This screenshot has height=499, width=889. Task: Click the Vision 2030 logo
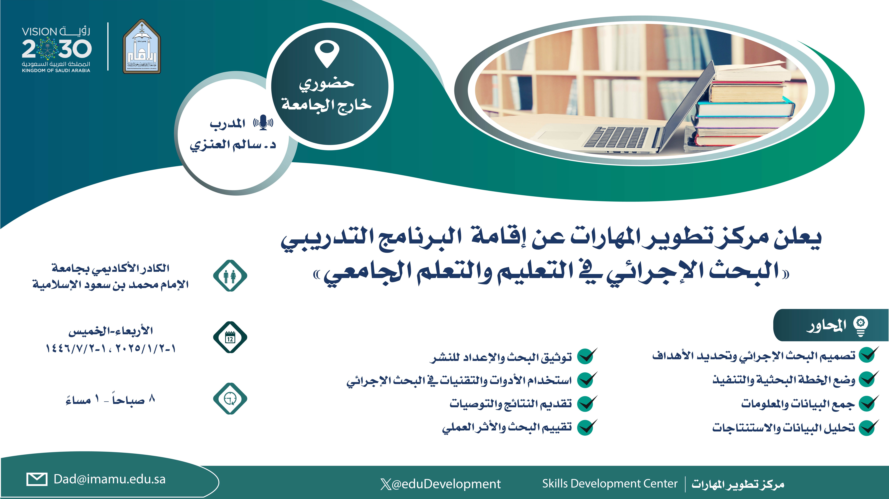coord(56,49)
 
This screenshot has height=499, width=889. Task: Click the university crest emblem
coord(142,47)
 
